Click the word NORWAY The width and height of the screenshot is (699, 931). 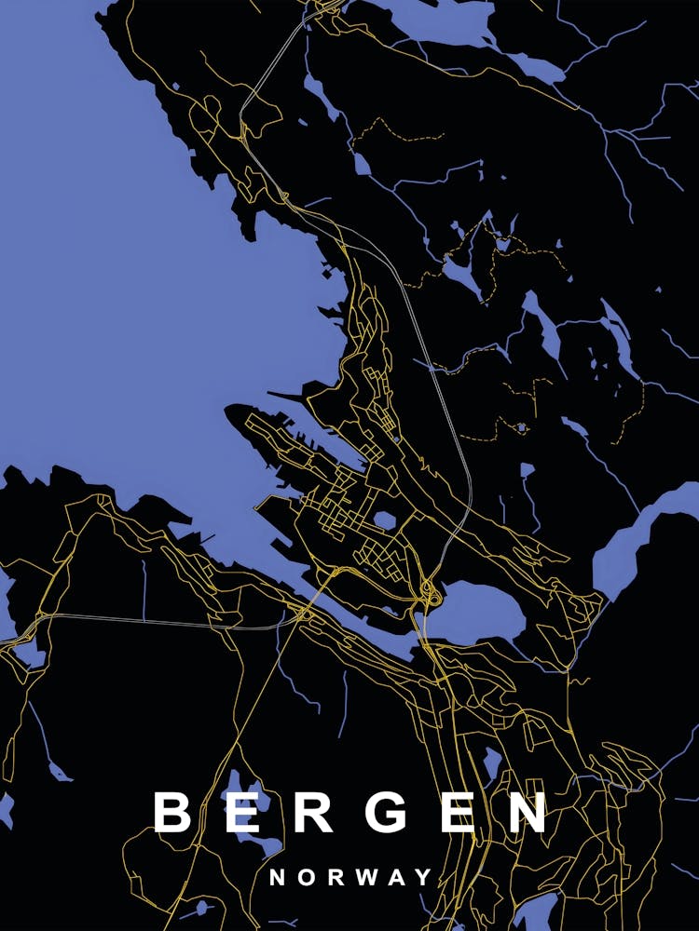(x=350, y=877)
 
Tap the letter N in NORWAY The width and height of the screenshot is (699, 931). (x=277, y=877)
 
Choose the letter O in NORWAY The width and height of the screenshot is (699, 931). (x=306, y=877)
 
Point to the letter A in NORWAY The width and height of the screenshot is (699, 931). (x=396, y=877)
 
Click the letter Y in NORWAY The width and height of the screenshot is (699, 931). (x=424, y=877)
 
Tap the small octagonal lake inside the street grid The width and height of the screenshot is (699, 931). (x=385, y=519)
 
